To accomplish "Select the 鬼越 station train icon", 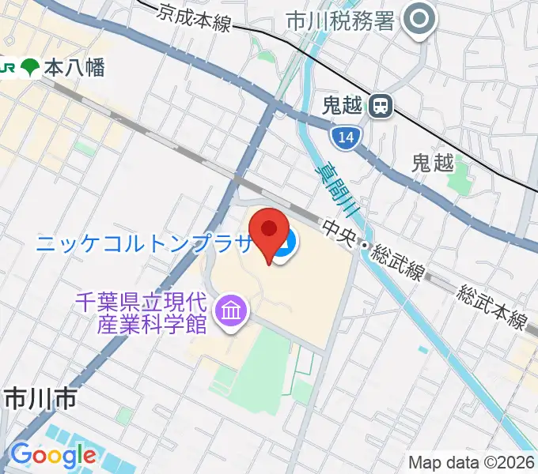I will coord(382,106).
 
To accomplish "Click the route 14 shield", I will coord(343,137).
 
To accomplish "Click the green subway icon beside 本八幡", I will coord(31,67).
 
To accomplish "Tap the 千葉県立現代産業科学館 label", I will coord(153,311).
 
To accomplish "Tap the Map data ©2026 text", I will coord(472,461).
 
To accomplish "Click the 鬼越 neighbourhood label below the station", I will coord(433,164).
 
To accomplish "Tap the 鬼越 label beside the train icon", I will coord(346,104).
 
